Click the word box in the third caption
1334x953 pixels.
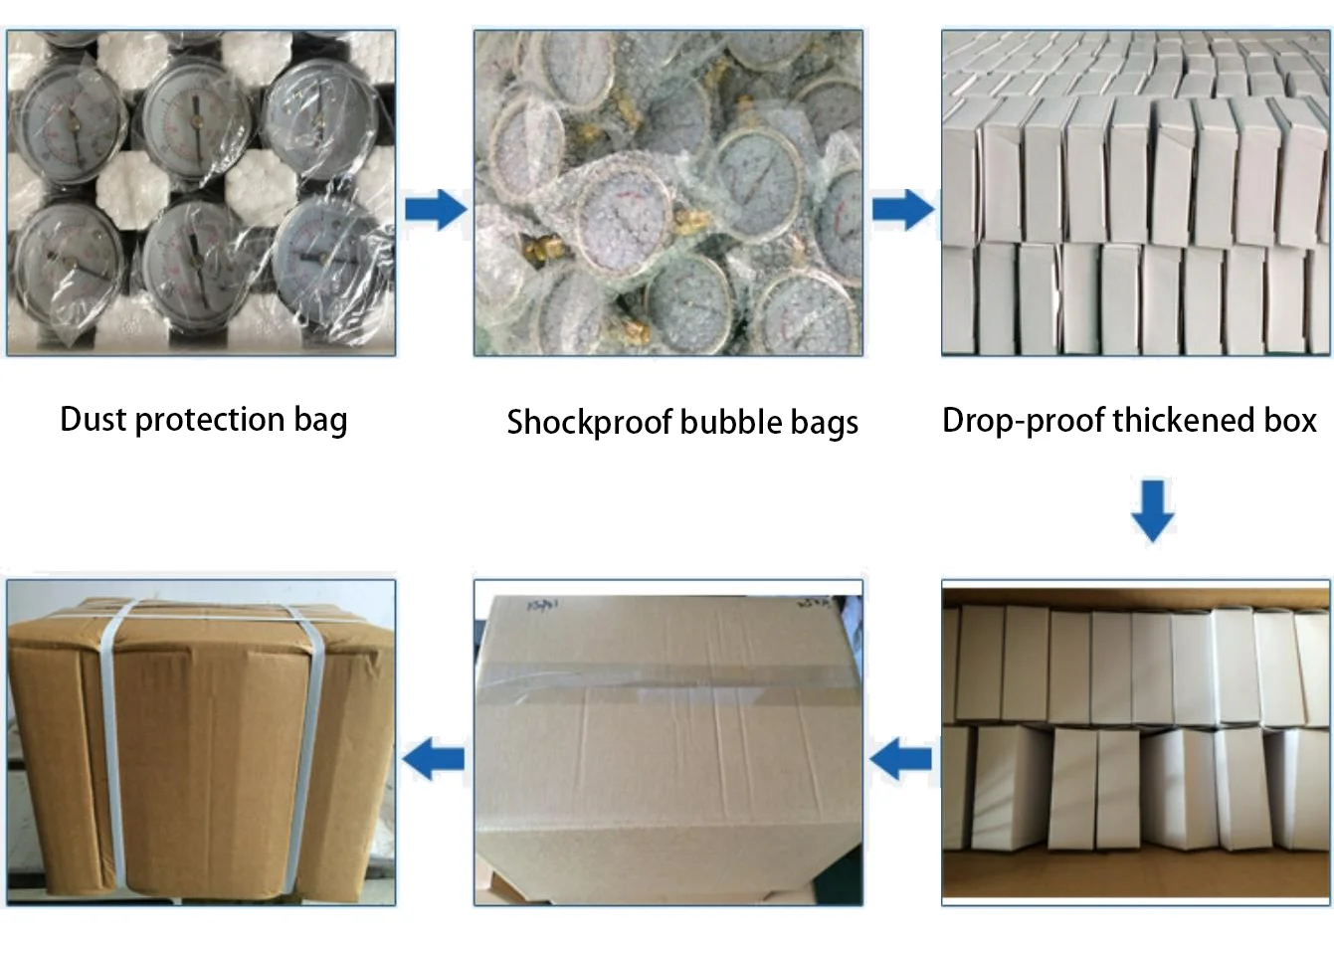click(1290, 420)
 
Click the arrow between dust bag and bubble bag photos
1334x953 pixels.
click(435, 209)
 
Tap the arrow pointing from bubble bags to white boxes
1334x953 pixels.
click(902, 209)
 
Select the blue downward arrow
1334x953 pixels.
click(1153, 510)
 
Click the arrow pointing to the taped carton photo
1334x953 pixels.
click(902, 760)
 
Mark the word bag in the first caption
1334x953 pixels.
click(320, 420)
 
